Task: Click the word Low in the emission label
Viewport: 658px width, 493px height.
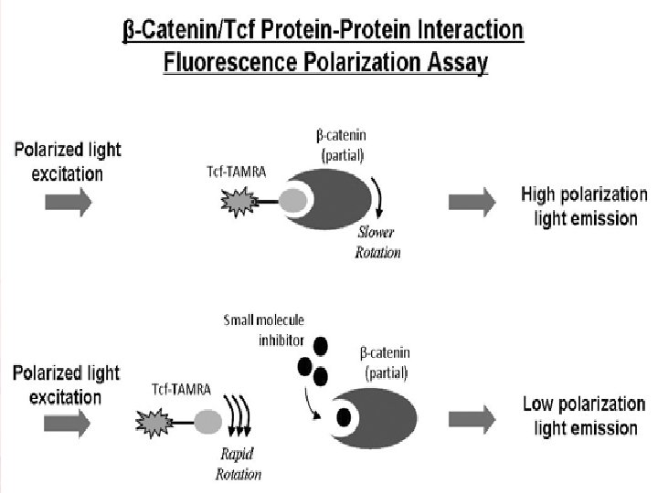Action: pyautogui.click(x=538, y=404)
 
